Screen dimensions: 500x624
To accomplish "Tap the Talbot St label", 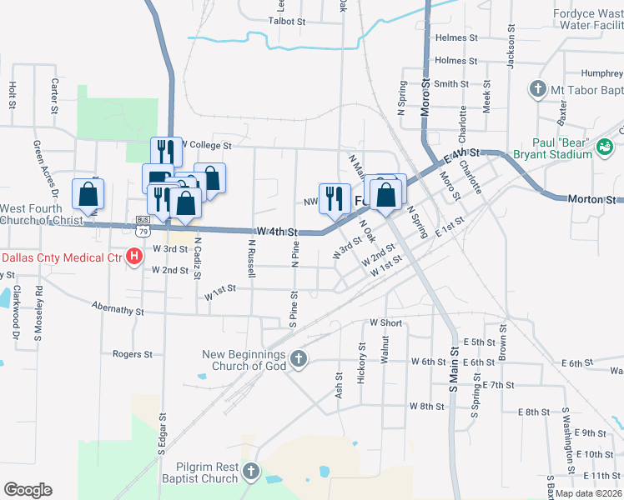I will click(x=288, y=21).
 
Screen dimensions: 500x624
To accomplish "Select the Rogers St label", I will click(x=132, y=354).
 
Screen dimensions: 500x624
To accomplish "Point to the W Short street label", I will click(x=385, y=323).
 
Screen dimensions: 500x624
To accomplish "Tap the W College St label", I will click(x=204, y=145).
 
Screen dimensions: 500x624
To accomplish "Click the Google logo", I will click(x=28, y=490).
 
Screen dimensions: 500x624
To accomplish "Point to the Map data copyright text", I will click(x=586, y=492).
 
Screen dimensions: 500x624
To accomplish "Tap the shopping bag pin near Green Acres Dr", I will click(x=88, y=197).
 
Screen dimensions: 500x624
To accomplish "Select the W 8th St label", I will click(x=426, y=406).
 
